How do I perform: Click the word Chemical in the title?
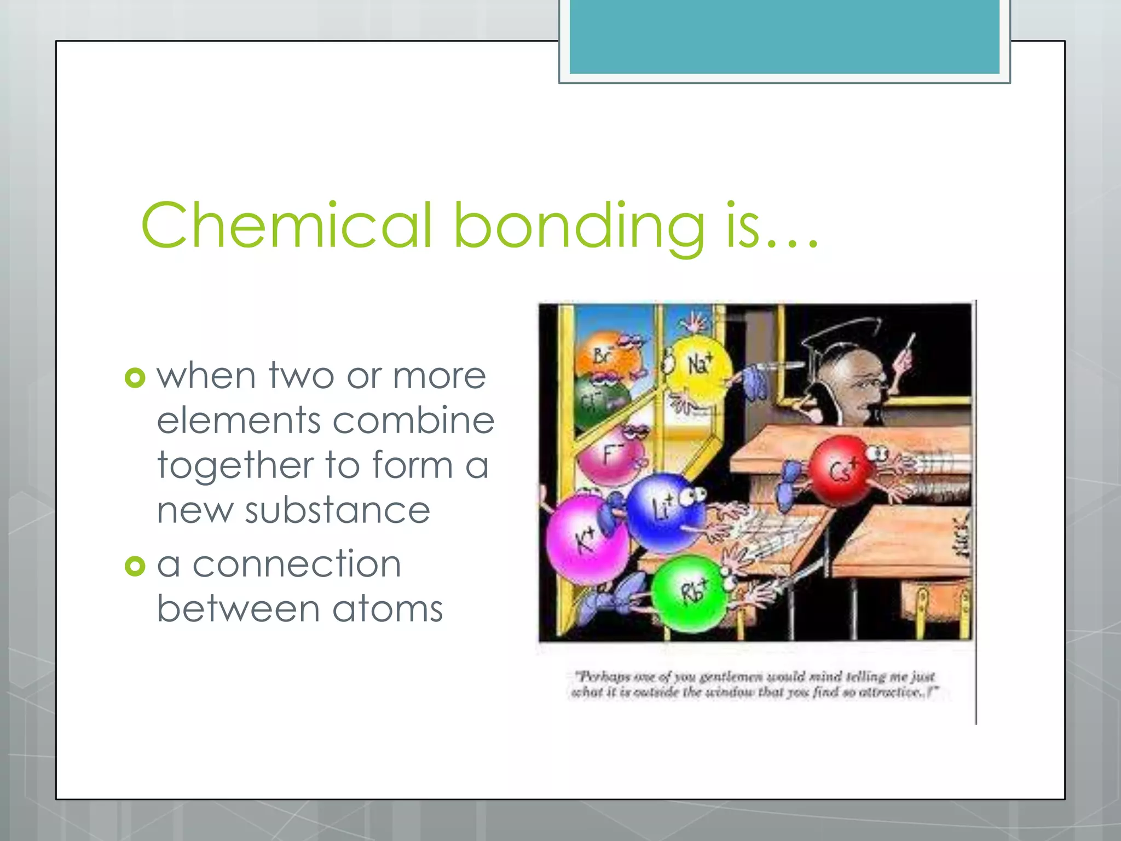(x=287, y=225)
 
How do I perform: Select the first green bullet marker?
(x=135, y=378)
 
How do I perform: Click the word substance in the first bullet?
(x=337, y=510)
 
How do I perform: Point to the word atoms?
(x=387, y=609)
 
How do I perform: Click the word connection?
(x=297, y=564)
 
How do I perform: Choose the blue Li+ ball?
(x=663, y=511)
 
